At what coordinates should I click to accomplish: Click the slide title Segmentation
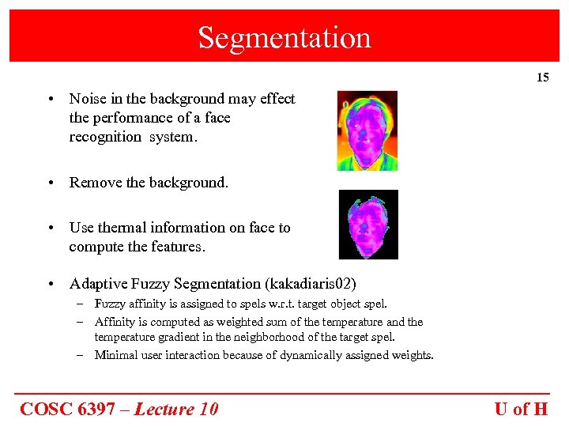(284, 37)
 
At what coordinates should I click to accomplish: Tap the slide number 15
(542, 77)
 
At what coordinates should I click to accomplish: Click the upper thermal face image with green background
(367, 130)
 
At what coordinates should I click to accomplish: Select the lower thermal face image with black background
(368, 225)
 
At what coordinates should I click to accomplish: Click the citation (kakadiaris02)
(315, 283)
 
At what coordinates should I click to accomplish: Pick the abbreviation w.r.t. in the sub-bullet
(297, 304)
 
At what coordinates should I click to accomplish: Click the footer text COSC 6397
(70, 409)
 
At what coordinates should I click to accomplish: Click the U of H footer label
(521, 409)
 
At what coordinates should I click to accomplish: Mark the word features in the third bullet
(180, 247)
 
